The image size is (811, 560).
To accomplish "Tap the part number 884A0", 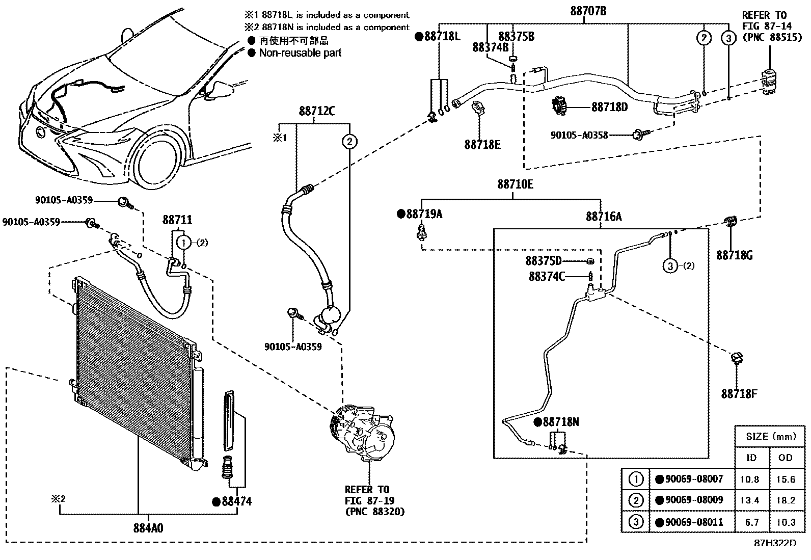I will tap(149, 528).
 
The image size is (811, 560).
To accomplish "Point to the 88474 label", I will tap(236, 501).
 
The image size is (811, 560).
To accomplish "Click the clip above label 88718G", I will tap(731, 222).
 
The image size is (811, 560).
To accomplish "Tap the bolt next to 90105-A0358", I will tap(637, 135).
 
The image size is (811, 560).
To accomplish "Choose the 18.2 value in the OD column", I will tap(785, 500).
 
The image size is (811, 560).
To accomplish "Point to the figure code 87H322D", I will tap(775, 543).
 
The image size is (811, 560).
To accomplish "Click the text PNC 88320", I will tap(374, 511).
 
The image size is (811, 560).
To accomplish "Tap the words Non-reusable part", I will tap(300, 53).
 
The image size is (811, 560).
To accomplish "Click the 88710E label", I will tap(515, 184).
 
